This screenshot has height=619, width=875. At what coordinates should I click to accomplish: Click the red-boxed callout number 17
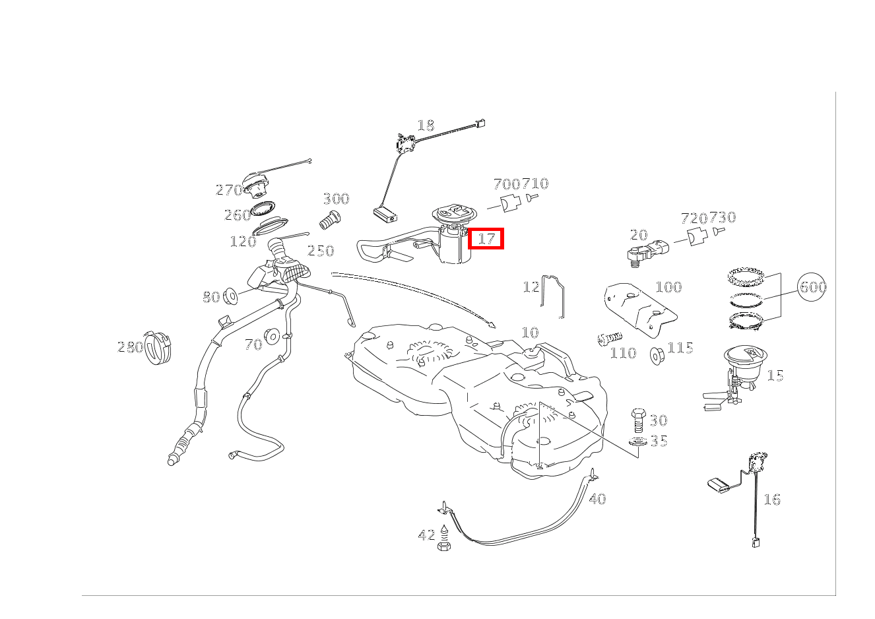tap(486, 239)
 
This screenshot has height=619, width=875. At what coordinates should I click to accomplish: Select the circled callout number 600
tap(812, 287)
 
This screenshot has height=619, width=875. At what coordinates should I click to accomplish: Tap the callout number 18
tap(426, 125)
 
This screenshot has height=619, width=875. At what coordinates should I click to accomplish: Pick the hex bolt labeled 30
tap(638, 420)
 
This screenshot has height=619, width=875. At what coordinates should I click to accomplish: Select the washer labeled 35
tap(638, 442)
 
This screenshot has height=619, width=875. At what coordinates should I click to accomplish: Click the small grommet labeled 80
tap(230, 296)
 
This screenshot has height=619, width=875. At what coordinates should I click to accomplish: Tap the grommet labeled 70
tap(272, 337)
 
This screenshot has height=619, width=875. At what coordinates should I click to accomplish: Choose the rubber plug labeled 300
tap(330, 220)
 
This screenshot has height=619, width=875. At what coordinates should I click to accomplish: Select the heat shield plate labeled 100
tap(641, 309)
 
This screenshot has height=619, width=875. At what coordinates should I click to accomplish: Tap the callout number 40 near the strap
tap(597, 499)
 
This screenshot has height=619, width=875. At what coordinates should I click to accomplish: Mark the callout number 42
tap(426, 535)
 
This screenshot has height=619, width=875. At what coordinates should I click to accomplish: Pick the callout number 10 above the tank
tap(530, 333)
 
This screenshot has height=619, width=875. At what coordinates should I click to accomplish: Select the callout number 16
tap(772, 500)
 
